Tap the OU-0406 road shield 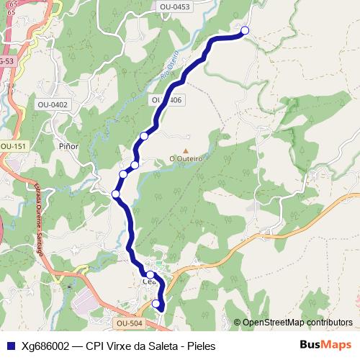pyautogui.click(x=166, y=100)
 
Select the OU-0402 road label pyautogui.click(x=53, y=104)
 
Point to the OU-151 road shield pyautogui.click(x=12, y=146)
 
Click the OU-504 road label pyautogui.click(x=130, y=323)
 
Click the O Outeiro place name pyautogui.click(x=186, y=158)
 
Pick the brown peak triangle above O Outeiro pyautogui.click(x=185, y=150)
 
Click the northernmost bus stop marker pyautogui.click(x=245, y=30)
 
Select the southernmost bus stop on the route pyautogui.click(x=157, y=305)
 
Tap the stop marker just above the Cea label pyautogui.click(x=150, y=274)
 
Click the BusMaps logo pyautogui.click(x=325, y=345)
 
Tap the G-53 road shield pyautogui.click(x=6, y=61)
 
